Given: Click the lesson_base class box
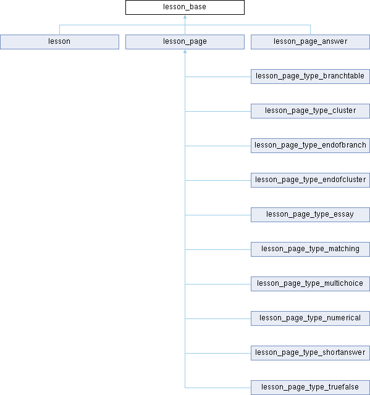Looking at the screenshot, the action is (185, 7).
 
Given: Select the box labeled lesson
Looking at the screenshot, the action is (59, 42).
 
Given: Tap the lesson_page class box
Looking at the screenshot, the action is (185, 42).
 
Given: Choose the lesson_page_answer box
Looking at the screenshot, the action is (310, 42).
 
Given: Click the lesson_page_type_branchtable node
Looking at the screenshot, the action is (310, 77).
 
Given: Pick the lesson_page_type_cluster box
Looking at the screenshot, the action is (310, 111).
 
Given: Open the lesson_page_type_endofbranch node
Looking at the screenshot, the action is (310, 146).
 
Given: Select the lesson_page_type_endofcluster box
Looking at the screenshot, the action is (310, 180).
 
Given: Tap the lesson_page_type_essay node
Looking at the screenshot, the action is (310, 215).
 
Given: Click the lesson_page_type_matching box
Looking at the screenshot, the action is (310, 249).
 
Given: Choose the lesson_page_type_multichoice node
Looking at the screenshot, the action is (310, 284).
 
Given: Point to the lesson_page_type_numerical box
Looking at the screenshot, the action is (310, 318).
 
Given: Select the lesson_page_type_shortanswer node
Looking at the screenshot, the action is (310, 353).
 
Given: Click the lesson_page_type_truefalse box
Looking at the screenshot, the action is (310, 388).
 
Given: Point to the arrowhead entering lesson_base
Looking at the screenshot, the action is (185, 17).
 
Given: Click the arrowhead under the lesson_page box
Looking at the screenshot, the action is (185, 51).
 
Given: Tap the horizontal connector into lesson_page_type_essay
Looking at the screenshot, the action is (218, 215).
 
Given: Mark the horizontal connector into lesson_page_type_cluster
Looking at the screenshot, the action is (218, 111).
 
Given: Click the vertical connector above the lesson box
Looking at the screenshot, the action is (59, 30).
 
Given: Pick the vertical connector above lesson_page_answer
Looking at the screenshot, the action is (310, 30).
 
